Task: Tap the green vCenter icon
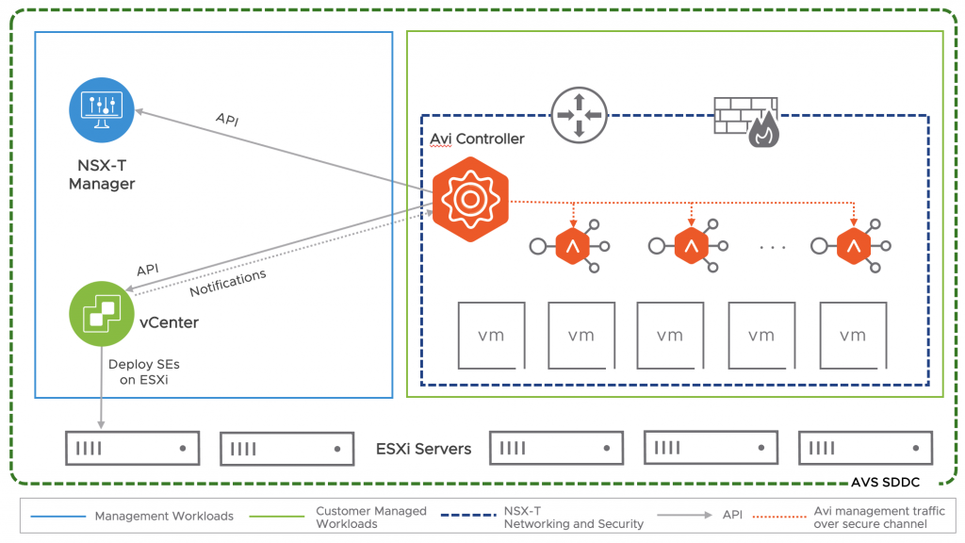[101, 315]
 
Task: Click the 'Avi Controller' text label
[477, 139]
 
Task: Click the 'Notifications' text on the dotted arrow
[228, 283]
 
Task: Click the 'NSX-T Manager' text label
[102, 175]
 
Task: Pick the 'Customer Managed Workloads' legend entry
[370, 517]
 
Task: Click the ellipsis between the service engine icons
[772, 247]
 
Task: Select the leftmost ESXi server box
[132, 449]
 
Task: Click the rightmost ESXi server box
[865, 449]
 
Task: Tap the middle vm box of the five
[670, 336]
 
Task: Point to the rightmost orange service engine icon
[854, 247]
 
